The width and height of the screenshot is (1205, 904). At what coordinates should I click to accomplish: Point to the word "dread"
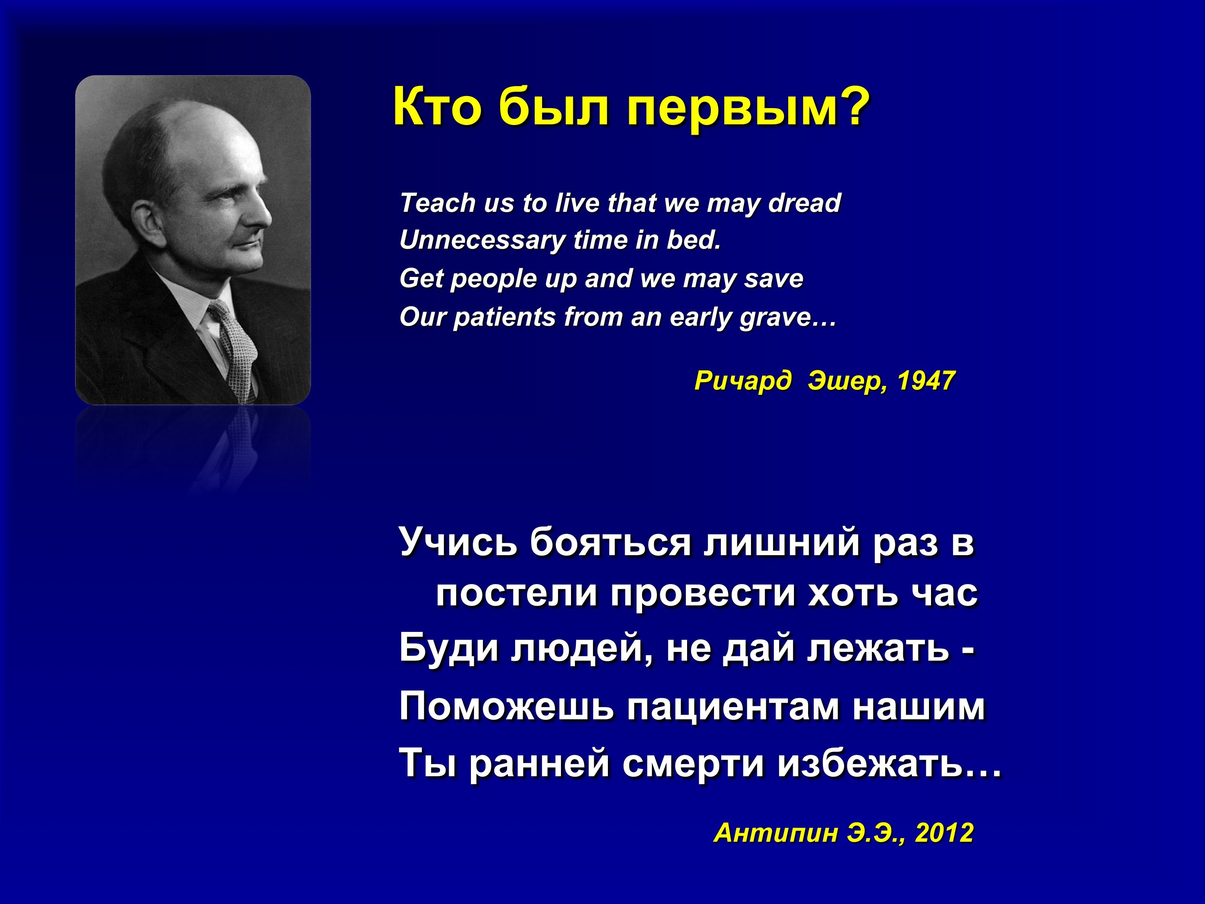pyautogui.click(x=804, y=203)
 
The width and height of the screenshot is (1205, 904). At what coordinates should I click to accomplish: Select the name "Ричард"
pyautogui.click(x=743, y=381)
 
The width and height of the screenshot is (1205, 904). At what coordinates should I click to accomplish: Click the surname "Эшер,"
pyautogui.click(x=848, y=381)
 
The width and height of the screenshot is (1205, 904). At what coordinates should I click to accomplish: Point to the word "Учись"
pyautogui.click(x=458, y=542)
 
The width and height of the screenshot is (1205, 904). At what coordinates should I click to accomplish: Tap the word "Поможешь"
pyautogui.click(x=507, y=707)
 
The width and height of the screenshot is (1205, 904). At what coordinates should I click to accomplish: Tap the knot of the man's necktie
pyautogui.click(x=219, y=313)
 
